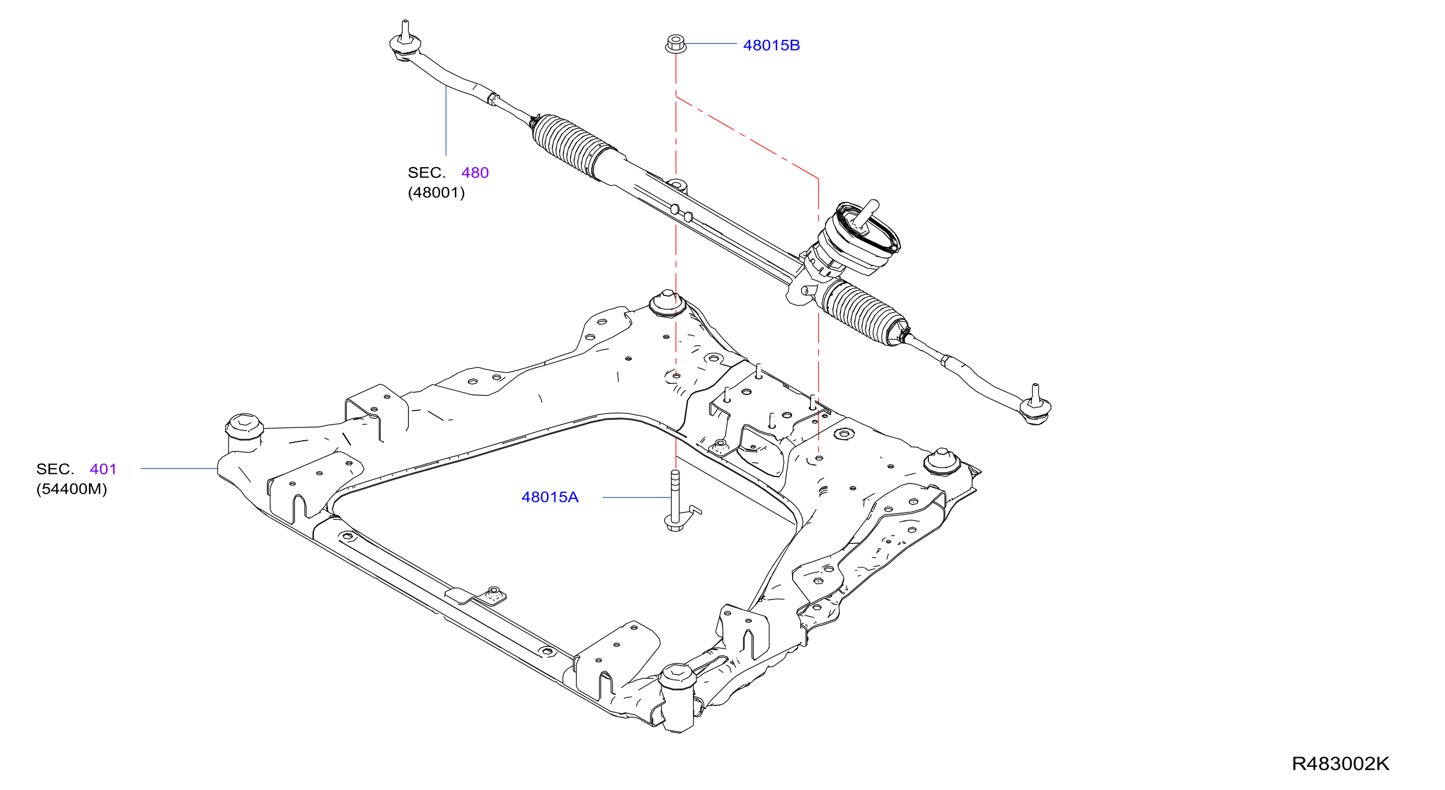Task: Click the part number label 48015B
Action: pos(771,45)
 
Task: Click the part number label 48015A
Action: pos(550,497)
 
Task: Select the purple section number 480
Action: pos(475,172)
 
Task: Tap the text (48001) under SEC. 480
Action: pos(436,193)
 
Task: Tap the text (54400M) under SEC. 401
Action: pos(71,489)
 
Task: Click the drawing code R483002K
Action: pos(1340,763)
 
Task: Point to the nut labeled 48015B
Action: pos(675,44)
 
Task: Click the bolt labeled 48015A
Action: pos(675,501)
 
